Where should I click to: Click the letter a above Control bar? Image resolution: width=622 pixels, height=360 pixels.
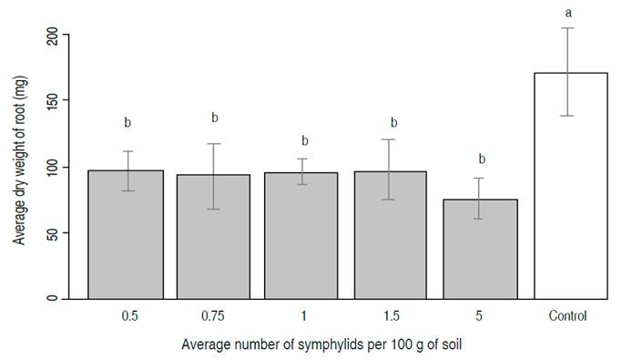[570, 13]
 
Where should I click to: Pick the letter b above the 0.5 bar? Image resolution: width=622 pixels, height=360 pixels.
[127, 122]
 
